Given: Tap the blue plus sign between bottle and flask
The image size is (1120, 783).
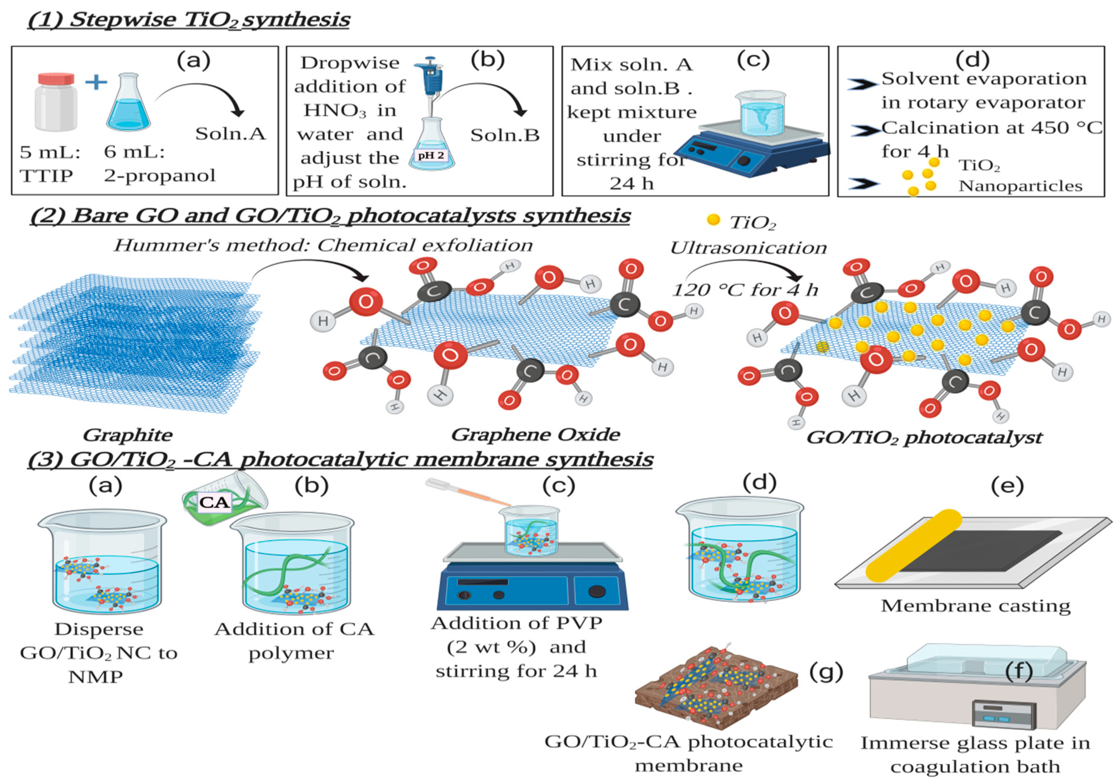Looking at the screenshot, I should (96, 82).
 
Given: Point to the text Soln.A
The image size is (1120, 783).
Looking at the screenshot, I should (230, 134).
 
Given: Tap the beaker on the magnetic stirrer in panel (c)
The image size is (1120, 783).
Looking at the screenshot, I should (760, 113).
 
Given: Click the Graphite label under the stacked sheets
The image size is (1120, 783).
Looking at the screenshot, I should (127, 435).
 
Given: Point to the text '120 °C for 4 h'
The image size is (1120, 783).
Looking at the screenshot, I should (745, 290).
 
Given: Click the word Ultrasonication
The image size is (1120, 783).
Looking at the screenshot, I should (748, 248).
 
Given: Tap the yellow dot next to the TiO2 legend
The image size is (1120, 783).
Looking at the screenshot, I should (713, 220).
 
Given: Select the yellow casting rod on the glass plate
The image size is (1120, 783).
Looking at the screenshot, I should (913, 545).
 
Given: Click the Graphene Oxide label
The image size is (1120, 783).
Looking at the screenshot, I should (535, 434).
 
